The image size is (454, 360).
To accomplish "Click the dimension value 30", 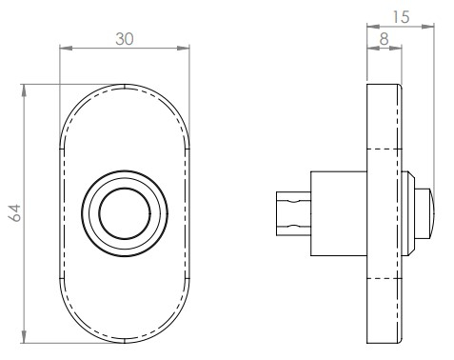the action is (x=125, y=39).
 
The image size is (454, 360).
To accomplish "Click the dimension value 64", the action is (x=14, y=213).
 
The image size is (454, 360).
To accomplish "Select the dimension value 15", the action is (x=401, y=17).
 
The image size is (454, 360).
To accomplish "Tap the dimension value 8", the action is (x=384, y=39).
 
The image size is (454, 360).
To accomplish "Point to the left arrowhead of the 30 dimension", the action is (x=66, y=49).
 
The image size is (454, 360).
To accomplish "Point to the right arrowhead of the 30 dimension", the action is (x=183, y=49).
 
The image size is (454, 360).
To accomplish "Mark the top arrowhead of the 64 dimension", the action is (x=24, y=90).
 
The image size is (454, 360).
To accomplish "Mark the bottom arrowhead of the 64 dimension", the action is (x=24, y=337).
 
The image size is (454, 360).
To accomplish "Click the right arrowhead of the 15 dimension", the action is (x=428, y=27).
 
